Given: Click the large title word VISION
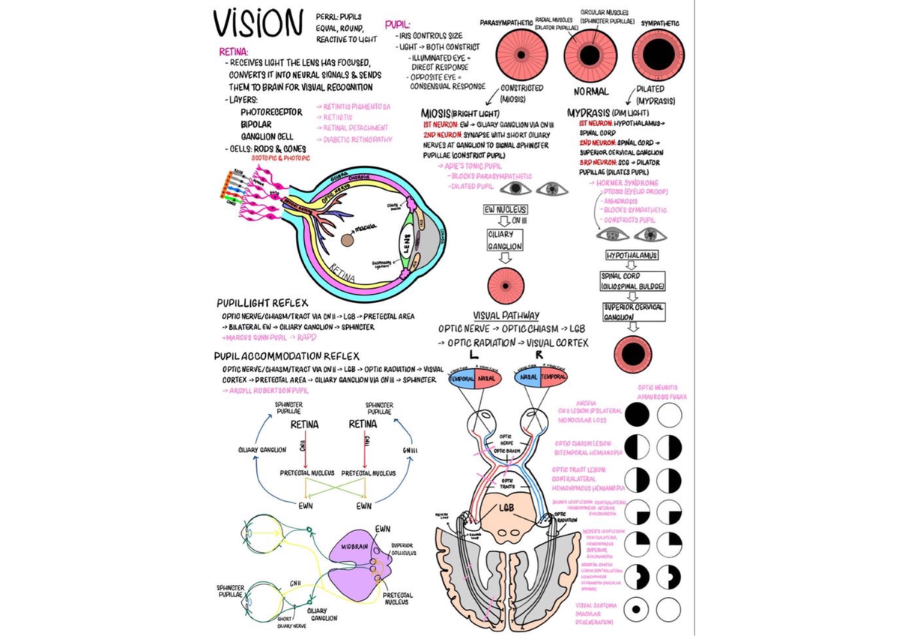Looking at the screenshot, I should pyautogui.click(x=257, y=25).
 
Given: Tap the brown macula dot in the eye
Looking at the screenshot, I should pyautogui.click(x=348, y=240).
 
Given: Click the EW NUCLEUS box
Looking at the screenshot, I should pyautogui.click(x=505, y=210).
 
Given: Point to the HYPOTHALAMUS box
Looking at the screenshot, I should pyautogui.click(x=632, y=256).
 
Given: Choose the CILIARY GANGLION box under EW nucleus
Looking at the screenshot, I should pyautogui.click(x=505, y=240).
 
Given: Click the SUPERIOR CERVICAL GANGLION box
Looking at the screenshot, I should pyautogui.click(x=633, y=312).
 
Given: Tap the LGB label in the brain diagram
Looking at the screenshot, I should pyautogui.click(x=507, y=506).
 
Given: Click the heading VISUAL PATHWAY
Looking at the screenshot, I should pyautogui.click(x=506, y=316).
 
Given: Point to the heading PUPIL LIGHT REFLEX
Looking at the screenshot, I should pyautogui.click(x=262, y=303).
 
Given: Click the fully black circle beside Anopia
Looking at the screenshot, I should pyautogui.click(x=637, y=414).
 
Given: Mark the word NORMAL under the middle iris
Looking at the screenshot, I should pyautogui.click(x=590, y=92).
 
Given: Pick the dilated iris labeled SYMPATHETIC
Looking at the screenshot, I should pyautogui.click(x=658, y=56).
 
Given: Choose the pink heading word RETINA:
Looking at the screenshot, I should pyautogui.click(x=228, y=52).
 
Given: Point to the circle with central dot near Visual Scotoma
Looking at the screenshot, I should pyautogui.click(x=637, y=609).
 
